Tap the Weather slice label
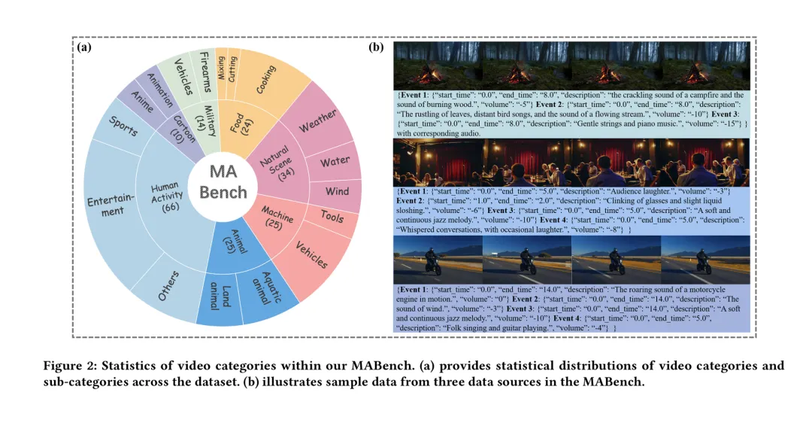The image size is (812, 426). pos(318,120)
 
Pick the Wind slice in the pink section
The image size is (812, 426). pos(337,191)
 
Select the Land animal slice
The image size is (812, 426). pos(219,297)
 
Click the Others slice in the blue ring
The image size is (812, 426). pos(168,285)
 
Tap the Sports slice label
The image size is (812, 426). pos(123,126)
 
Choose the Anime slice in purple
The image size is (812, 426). pos(141,102)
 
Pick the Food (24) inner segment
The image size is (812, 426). pos(241,124)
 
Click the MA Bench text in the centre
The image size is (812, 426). pos(223,182)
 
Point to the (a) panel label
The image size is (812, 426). pos(84,47)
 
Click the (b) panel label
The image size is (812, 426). pos(376,47)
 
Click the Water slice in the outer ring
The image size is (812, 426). pos(335,162)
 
